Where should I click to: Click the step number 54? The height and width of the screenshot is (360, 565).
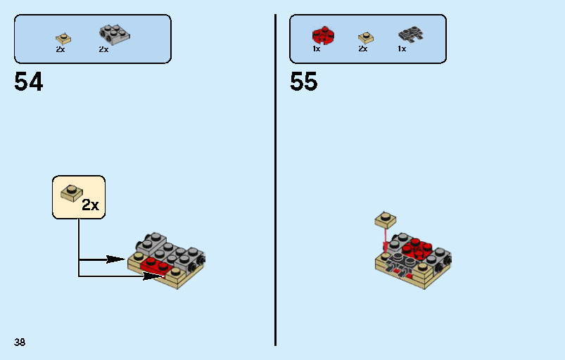click(x=28, y=82)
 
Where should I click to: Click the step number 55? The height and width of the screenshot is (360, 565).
click(x=304, y=82)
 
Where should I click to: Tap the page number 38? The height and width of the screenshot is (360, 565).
click(x=20, y=342)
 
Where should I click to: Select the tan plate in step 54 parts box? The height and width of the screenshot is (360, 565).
click(x=63, y=39)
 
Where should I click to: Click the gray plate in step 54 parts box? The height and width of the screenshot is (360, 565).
click(x=115, y=35)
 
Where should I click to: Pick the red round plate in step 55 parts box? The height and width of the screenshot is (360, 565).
click(x=323, y=35)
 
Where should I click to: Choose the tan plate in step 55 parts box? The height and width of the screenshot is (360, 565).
click(x=366, y=38)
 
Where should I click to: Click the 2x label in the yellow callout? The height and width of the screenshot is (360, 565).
click(x=90, y=205)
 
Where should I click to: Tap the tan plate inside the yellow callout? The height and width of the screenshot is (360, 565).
click(x=71, y=193)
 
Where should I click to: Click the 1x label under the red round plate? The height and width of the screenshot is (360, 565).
click(x=317, y=49)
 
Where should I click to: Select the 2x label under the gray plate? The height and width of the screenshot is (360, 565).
click(x=103, y=49)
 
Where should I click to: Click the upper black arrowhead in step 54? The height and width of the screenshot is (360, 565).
click(x=116, y=259)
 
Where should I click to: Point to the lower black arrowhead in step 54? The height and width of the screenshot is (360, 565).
click(x=154, y=276)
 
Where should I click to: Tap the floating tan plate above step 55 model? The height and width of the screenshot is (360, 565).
click(x=386, y=219)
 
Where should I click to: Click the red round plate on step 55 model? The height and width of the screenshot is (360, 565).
click(x=417, y=248)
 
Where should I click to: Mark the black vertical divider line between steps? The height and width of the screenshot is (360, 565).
click(x=276, y=180)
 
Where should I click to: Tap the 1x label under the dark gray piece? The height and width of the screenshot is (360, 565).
click(x=402, y=49)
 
